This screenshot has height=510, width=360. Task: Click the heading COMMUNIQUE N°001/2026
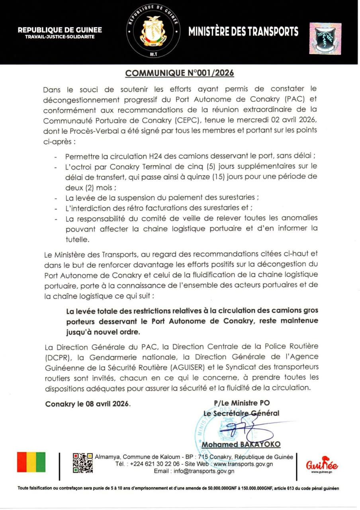click(x=180, y=73)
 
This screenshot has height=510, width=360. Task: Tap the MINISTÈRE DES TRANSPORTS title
click(x=243, y=31)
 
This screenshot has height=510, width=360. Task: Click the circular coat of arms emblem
click(x=153, y=32)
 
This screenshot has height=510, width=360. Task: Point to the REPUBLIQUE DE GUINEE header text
click(x=60, y=30)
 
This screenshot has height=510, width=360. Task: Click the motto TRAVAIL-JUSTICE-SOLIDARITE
click(x=60, y=37)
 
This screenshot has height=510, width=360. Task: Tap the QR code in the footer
click(x=83, y=463)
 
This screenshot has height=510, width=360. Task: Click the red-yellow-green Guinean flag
click(x=31, y=462)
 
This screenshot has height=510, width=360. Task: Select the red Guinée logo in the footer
click(x=322, y=465)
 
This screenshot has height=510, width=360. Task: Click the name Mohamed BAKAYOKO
click(x=241, y=444)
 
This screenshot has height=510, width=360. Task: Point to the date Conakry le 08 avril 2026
click(x=88, y=404)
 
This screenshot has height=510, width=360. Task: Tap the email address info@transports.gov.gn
click(x=202, y=471)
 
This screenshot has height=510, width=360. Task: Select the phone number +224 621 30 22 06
click(x=155, y=464)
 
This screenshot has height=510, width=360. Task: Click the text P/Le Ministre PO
click(x=242, y=403)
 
